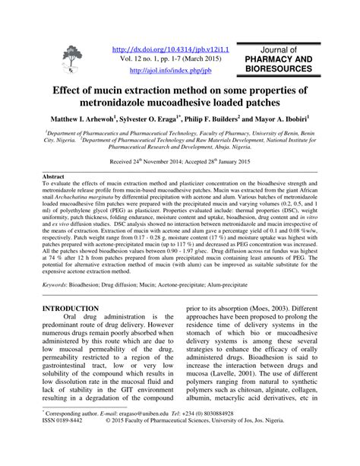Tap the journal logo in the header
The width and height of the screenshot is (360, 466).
click(72, 61)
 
